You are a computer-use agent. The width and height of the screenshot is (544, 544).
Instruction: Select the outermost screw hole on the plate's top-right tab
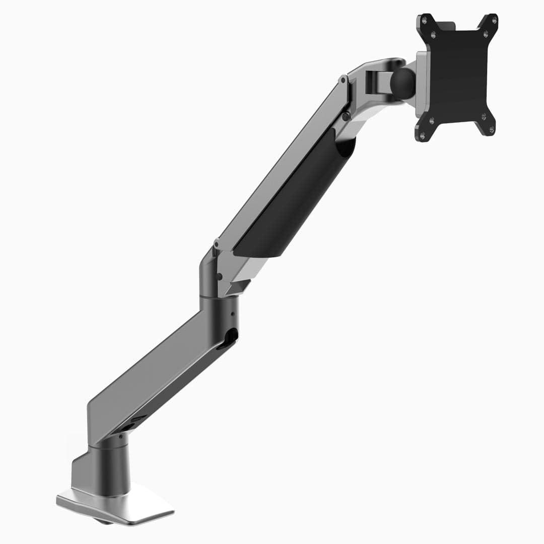click(494, 21)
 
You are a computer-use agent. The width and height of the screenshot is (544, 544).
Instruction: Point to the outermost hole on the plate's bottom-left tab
click(422, 134)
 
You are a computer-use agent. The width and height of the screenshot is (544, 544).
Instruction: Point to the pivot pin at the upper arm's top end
click(343, 80)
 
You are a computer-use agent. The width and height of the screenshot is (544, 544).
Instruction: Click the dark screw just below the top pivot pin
click(346, 117)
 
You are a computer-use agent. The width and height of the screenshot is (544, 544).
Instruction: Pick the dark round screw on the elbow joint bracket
click(219, 276)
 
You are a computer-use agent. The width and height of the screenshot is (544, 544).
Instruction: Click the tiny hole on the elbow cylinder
click(232, 313)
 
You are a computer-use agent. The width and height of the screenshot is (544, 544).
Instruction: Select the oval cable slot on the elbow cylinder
click(229, 337)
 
